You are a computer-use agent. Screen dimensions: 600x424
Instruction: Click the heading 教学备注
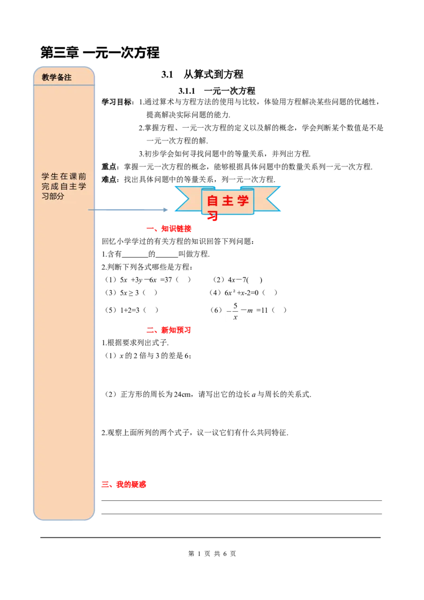57,77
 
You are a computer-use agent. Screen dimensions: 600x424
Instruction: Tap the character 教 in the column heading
46,77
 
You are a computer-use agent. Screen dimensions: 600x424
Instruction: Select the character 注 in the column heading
68,77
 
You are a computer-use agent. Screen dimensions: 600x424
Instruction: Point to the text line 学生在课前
64,176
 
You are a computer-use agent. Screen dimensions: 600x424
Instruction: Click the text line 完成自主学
64,186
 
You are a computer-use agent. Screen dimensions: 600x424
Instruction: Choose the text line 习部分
53,196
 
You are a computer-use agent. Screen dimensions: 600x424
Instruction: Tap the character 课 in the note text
72,176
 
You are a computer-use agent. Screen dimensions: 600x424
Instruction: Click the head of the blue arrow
165,210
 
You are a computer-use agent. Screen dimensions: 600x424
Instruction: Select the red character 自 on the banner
213,201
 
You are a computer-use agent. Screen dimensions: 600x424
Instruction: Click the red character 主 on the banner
228,201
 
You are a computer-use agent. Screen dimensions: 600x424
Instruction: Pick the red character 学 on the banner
243,201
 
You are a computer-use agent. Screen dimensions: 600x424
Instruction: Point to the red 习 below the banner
213,216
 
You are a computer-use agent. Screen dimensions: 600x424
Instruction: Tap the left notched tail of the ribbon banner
185,199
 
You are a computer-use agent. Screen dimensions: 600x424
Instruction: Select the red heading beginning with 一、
169,229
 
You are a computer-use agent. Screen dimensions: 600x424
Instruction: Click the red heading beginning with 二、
167,330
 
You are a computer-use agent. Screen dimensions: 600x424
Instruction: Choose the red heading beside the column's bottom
124,484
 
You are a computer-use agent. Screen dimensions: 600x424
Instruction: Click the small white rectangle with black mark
233,310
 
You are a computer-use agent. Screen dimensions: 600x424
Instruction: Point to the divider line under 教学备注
64,85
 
